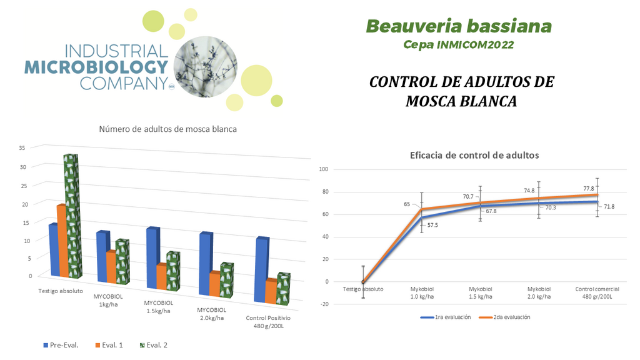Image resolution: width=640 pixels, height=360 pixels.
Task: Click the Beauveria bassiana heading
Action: click(x=459, y=26)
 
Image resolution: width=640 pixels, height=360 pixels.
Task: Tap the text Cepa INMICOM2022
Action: click(x=459, y=45)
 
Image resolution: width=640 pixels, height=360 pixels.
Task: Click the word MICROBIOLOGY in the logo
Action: click(x=96, y=67)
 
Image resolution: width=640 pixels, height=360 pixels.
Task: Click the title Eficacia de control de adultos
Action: click(x=474, y=156)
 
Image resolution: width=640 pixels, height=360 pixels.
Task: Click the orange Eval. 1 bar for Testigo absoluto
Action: click(x=61, y=241)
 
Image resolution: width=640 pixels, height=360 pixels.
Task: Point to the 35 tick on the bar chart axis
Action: click(x=22, y=148)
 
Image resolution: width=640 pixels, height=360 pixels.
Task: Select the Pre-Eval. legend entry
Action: click(x=61, y=345)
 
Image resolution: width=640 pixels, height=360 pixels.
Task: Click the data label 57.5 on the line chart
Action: click(x=432, y=224)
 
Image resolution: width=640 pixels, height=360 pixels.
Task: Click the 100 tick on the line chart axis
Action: click(x=323, y=169)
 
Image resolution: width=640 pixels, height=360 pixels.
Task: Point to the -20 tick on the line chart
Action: click(x=323, y=304)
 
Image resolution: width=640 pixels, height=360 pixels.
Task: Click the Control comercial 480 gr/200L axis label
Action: click(x=597, y=292)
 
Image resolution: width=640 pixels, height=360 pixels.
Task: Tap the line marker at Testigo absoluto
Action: click(x=363, y=282)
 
